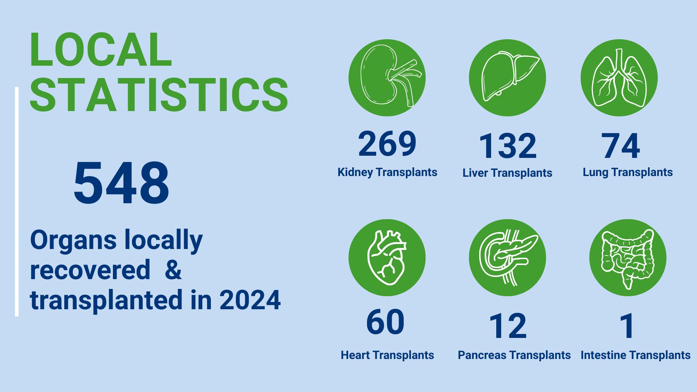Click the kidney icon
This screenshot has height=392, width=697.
pyautogui.click(x=387, y=78)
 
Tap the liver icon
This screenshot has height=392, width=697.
pyautogui.click(x=508, y=78)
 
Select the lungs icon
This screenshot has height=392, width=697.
pyautogui.click(x=619, y=78)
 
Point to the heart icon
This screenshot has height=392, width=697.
pyautogui.click(x=387, y=258)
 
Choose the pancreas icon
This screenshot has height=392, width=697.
pyautogui.click(x=508, y=258)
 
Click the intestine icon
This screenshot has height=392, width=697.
pyautogui.click(x=628, y=258)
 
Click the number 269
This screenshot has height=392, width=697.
pyautogui.click(x=387, y=144)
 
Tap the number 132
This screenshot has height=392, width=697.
pyautogui.click(x=508, y=146)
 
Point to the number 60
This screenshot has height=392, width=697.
pyautogui.click(x=385, y=322)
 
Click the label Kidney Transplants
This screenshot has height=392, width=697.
pyautogui.click(x=387, y=172)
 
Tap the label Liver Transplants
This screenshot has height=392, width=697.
pyautogui.click(x=507, y=173)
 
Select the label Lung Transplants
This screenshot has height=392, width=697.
pyautogui.click(x=628, y=172)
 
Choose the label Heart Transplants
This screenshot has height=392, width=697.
pyautogui.click(x=387, y=355)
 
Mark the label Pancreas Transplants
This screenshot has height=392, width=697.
pyautogui.click(x=514, y=355)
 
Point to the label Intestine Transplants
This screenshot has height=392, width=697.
pyautogui.click(x=636, y=355)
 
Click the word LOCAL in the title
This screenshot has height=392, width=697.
pyautogui.click(x=101, y=50)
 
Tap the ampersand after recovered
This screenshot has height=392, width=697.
pyautogui.click(x=173, y=270)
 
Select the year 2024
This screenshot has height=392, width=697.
pyautogui.click(x=250, y=300)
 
